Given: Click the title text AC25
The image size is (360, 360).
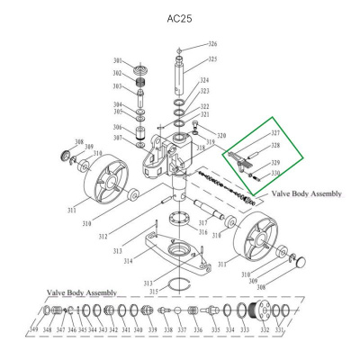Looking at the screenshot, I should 180,18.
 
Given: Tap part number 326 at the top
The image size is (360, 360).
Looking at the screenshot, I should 213,44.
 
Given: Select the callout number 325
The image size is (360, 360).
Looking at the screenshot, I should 213,59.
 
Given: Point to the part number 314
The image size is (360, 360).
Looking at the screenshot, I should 128,260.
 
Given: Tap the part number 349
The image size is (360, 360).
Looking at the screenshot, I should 33,330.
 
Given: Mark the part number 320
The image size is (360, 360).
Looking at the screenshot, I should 221,135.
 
